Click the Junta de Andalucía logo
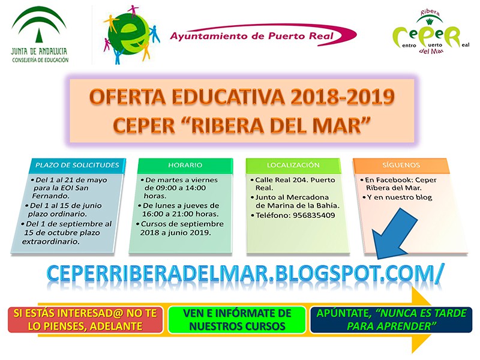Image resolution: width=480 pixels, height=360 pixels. coord(40,35)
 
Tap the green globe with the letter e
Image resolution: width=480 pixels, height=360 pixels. coord(128,35)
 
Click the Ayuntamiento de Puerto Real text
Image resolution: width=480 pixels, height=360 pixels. coord(251,36)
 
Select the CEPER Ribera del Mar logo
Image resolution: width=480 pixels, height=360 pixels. coord(431,32)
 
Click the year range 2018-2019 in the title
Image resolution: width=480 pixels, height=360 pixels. coord(342,97)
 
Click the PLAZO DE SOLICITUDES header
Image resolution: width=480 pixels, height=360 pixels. coord(77,165)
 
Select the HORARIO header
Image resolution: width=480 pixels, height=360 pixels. coord(185,165)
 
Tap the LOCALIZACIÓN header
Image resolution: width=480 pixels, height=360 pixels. coord(293,165)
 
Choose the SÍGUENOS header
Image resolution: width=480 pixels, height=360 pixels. coord(401,165)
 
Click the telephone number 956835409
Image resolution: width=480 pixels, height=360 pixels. coord(314,215)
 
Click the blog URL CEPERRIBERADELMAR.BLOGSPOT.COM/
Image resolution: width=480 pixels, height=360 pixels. coord(245,273)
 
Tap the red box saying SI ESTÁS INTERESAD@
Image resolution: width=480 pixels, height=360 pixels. coord(85,320)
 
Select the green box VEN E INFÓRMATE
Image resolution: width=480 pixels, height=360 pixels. coord(237,320)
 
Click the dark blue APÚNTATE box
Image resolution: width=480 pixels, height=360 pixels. coord(391,320)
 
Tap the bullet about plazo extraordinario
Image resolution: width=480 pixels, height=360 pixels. coord(67,233)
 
